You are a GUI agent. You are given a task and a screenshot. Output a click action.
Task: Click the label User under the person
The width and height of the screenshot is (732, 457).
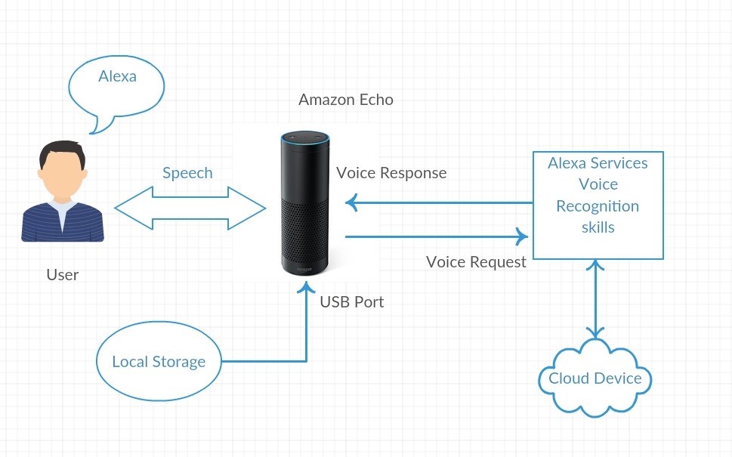point(62,275)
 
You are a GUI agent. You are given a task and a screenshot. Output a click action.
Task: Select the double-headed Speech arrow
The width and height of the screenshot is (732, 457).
point(190,208)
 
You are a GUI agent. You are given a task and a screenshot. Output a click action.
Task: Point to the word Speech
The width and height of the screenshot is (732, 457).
point(187,173)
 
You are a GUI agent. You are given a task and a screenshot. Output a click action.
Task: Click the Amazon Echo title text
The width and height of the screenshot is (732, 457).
point(345,100)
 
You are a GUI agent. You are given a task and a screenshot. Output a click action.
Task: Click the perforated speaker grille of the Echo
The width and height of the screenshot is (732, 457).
point(305,227)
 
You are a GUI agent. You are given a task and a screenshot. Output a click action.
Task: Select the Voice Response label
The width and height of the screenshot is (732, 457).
point(391,173)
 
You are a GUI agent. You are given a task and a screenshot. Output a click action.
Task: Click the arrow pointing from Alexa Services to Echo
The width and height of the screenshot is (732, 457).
point(438,202)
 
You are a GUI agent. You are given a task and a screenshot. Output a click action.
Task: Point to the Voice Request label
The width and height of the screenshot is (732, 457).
point(476,262)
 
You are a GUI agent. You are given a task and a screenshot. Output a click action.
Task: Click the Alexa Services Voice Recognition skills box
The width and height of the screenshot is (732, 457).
point(598,205)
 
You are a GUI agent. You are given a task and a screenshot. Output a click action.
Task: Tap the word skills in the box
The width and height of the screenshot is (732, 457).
point(598,227)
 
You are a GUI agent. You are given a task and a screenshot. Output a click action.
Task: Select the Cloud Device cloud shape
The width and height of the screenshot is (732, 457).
point(595,378)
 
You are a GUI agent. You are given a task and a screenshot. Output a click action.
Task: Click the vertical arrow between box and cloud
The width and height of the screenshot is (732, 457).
point(598,299)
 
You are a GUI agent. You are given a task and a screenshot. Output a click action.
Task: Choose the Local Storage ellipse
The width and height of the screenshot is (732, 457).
point(159,362)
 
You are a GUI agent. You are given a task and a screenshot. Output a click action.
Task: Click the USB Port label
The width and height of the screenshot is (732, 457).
point(352,302)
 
